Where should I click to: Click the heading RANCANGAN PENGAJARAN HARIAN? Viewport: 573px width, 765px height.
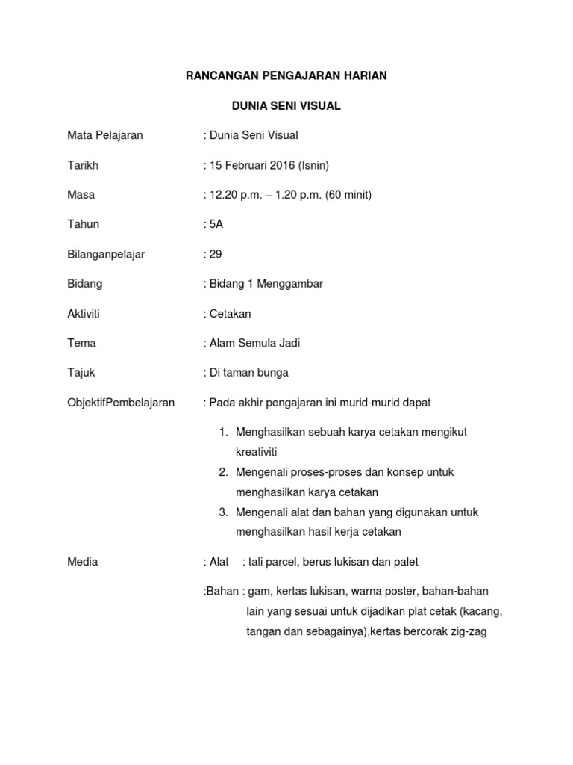[x=286, y=76]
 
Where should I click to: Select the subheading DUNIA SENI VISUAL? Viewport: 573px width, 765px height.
[x=286, y=106]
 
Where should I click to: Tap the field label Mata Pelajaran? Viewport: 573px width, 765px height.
[x=104, y=135]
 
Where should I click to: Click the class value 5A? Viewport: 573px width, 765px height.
[x=216, y=224]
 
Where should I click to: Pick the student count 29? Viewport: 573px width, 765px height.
[x=216, y=254]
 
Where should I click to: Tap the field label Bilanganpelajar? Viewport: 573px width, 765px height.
[x=106, y=254]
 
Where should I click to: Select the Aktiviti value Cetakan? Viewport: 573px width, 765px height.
[x=231, y=314]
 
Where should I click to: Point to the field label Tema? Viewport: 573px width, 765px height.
[x=81, y=343]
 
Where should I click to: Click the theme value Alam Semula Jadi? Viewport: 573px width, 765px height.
[x=254, y=343]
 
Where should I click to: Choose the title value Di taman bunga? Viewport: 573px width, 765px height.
[x=249, y=373]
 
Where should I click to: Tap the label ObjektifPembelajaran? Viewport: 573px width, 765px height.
[x=121, y=403]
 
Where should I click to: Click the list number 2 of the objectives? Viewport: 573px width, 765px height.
[x=223, y=472]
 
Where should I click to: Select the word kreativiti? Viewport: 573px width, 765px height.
[x=256, y=452]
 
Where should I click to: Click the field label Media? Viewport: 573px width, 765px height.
[x=82, y=562]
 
